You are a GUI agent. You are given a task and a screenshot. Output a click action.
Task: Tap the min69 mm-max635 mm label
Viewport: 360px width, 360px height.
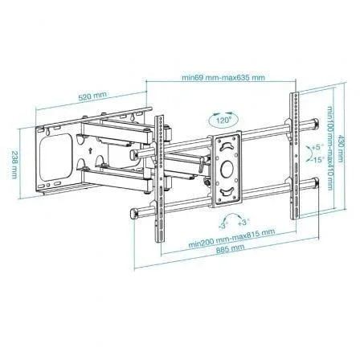click(x=223, y=78)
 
